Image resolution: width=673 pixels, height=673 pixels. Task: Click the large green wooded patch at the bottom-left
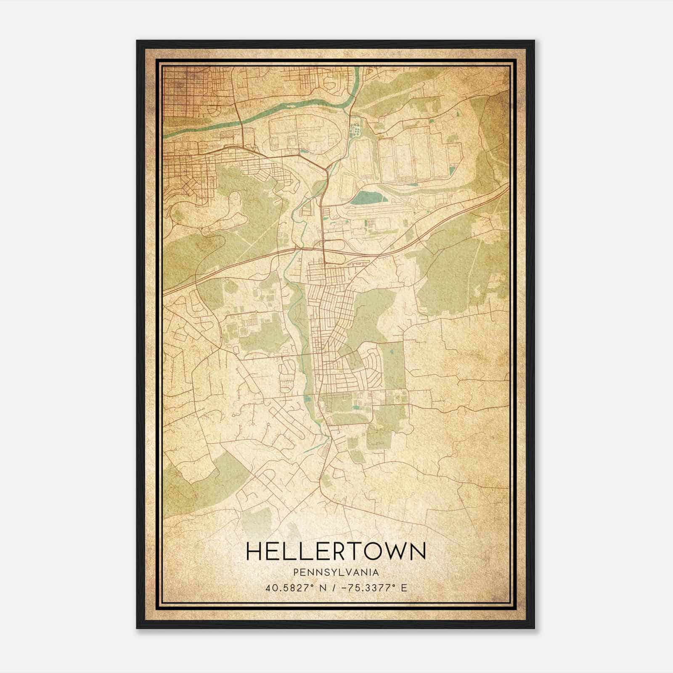pos(202,484)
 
